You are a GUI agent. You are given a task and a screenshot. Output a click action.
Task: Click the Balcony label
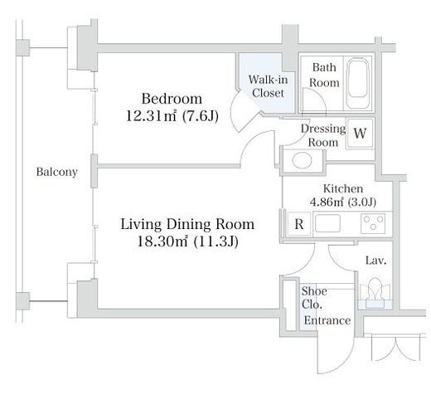(x=56, y=172)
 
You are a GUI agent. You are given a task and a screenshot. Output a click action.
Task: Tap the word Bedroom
(x=172, y=99)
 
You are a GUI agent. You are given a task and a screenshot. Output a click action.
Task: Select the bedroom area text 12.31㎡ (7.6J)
(x=172, y=116)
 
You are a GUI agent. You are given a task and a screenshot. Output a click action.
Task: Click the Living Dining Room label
(x=187, y=224)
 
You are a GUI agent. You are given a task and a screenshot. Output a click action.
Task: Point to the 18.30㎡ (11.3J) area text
(x=187, y=242)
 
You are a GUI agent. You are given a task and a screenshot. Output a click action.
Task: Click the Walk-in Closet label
(x=268, y=86)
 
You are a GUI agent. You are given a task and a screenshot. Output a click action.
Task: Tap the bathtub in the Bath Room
(x=358, y=84)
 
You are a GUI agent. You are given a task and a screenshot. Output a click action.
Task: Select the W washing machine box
(x=361, y=134)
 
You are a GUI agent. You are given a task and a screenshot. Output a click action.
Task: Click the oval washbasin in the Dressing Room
(x=302, y=160)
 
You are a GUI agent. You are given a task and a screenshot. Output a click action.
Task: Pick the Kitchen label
(x=343, y=188)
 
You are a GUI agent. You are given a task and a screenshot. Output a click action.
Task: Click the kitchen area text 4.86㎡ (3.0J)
(x=343, y=202)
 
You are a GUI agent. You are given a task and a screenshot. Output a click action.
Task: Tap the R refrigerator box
(x=299, y=224)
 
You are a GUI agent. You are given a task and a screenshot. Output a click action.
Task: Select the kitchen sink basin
(x=327, y=223)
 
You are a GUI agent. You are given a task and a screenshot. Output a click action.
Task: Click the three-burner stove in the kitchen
(x=373, y=223)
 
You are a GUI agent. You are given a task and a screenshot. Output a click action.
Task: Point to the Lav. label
(x=375, y=261)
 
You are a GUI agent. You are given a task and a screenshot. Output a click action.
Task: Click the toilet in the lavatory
(x=375, y=293)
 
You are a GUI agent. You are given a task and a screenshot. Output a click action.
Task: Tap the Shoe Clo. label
(x=314, y=298)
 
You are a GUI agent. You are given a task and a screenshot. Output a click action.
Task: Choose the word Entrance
(x=327, y=320)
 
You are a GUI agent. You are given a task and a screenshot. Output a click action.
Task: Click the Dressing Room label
(x=323, y=135)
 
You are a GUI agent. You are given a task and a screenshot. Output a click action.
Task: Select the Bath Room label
(x=324, y=75)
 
